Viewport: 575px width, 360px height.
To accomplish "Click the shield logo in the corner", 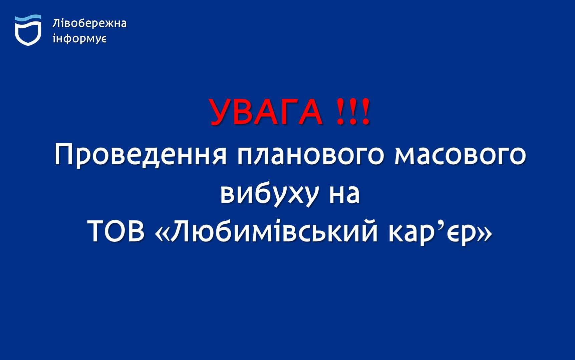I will click(x=28, y=30).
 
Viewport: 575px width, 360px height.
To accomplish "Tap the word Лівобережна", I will click(x=89, y=23).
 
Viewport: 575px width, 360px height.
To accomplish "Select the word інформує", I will click(x=80, y=39).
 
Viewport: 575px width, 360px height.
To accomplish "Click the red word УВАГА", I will click(x=266, y=112).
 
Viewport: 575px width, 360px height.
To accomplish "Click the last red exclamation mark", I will click(x=366, y=112).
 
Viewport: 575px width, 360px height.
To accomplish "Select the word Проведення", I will click(x=140, y=155).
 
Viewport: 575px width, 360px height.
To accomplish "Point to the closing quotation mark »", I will click(x=485, y=232).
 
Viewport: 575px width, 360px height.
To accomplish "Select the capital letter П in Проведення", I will click(x=63, y=155).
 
